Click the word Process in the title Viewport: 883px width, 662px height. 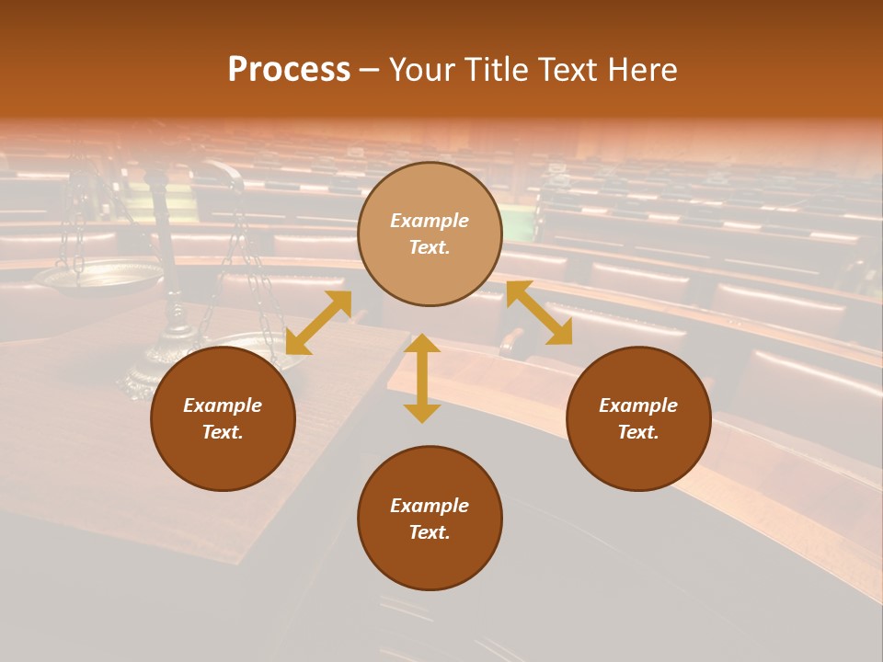pos(289,70)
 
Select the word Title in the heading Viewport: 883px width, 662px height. pos(494,70)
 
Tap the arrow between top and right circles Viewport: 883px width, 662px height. pos(539,313)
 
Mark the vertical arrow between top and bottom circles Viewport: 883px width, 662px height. pos(422,378)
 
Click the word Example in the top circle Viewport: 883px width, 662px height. pos(430,221)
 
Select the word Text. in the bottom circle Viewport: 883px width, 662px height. pos(430,532)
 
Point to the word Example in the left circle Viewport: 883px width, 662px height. pos(223,405)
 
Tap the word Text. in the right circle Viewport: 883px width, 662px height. pos(638,432)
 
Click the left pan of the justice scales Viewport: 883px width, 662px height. pos(97,276)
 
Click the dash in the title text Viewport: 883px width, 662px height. pos(370,71)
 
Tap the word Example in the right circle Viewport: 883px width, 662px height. pos(638,405)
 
